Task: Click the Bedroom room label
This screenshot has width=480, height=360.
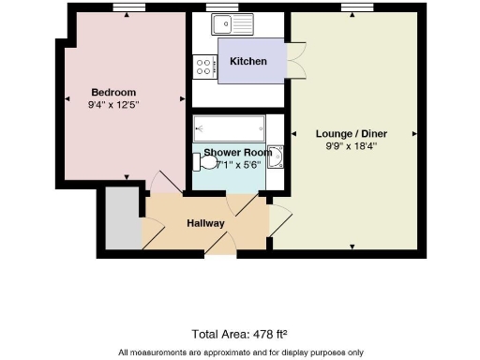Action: click(113, 92)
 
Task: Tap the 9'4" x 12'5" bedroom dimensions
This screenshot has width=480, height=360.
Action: click(113, 104)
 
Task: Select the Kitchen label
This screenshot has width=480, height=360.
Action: click(248, 61)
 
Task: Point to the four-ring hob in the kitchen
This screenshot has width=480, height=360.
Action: click(204, 67)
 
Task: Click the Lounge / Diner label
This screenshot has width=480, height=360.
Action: click(352, 133)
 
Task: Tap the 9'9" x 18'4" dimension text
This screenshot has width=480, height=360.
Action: click(352, 146)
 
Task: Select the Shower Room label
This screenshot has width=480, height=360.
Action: click(238, 152)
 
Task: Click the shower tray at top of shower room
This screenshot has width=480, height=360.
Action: click(229, 128)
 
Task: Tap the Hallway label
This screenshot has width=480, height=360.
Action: click(205, 223)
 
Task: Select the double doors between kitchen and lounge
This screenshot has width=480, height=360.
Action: click(296, 62)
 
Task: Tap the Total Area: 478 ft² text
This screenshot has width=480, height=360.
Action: click(239, 334)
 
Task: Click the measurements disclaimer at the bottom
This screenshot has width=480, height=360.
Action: click(240, 352)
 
